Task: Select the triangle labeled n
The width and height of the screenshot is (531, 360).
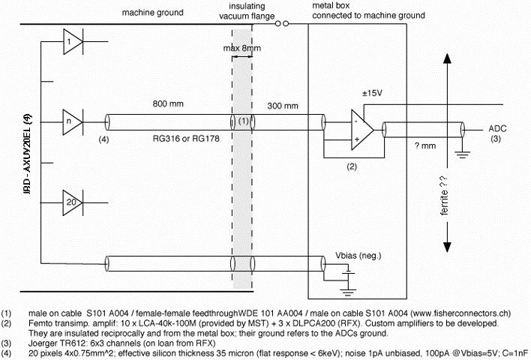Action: [x=70, y=119]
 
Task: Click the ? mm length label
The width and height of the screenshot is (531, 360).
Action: [x=424, y=147]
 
